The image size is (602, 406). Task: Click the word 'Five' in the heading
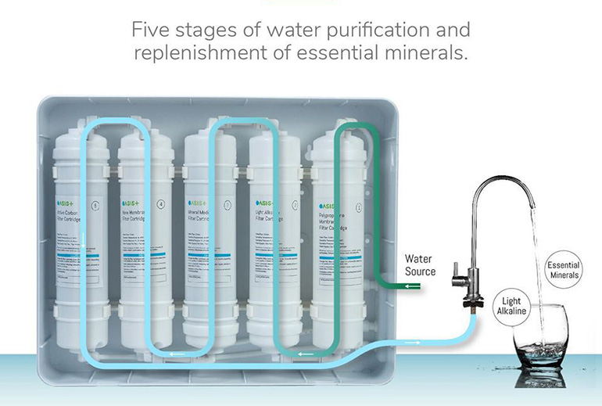150,31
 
